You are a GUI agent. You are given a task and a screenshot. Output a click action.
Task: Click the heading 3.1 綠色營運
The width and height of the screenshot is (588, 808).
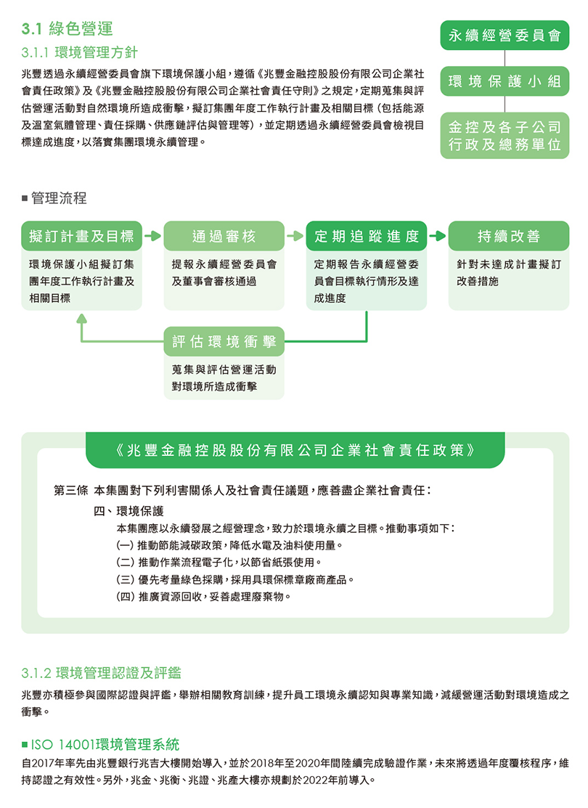click(67, 29)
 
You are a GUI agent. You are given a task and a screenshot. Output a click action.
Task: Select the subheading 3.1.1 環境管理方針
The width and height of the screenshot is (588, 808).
click(79, 52)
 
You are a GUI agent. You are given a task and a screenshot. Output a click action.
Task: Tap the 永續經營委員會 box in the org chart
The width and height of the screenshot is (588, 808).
click(505, 36)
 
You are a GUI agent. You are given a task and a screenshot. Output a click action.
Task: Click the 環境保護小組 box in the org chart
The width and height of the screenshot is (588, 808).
click(505, 81)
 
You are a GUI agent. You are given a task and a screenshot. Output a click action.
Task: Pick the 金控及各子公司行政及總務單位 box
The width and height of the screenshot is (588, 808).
click(505, 136)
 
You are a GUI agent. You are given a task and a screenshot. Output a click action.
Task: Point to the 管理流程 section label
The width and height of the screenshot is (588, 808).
click(54, 198)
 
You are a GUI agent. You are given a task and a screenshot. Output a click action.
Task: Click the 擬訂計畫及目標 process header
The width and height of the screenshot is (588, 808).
click(81, 236)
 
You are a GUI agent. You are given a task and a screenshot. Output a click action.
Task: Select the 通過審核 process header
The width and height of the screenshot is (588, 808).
click(224, 236)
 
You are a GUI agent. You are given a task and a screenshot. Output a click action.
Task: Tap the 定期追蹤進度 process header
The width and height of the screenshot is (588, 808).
click(367, 236)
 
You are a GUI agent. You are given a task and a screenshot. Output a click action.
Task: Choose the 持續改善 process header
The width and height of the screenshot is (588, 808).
click(509, 236)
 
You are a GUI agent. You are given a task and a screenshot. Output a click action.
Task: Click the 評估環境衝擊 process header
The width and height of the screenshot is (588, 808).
click(224, 341)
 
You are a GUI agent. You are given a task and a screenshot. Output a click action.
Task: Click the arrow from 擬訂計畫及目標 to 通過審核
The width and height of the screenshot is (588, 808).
click(153, 236)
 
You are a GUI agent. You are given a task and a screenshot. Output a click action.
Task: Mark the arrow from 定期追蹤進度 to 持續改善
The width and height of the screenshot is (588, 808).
click(438, 236)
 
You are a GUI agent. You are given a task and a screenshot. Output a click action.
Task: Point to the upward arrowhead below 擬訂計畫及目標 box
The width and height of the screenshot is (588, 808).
click(81, 319)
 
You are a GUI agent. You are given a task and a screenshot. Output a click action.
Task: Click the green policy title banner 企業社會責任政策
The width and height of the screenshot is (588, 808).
click(295, 450)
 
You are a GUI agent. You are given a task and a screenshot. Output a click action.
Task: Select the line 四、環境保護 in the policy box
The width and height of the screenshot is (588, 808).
click(128, 510)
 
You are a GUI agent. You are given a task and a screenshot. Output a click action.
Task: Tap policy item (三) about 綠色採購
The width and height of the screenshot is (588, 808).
click(235, 580)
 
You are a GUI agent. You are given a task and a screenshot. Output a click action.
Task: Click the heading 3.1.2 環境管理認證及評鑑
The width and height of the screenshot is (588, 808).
click(101, 672)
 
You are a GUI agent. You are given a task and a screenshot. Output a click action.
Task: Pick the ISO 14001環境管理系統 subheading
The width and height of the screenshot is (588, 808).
click(100, 744)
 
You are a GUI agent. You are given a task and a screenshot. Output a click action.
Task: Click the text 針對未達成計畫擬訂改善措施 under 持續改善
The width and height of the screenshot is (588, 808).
click(509, 272)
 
